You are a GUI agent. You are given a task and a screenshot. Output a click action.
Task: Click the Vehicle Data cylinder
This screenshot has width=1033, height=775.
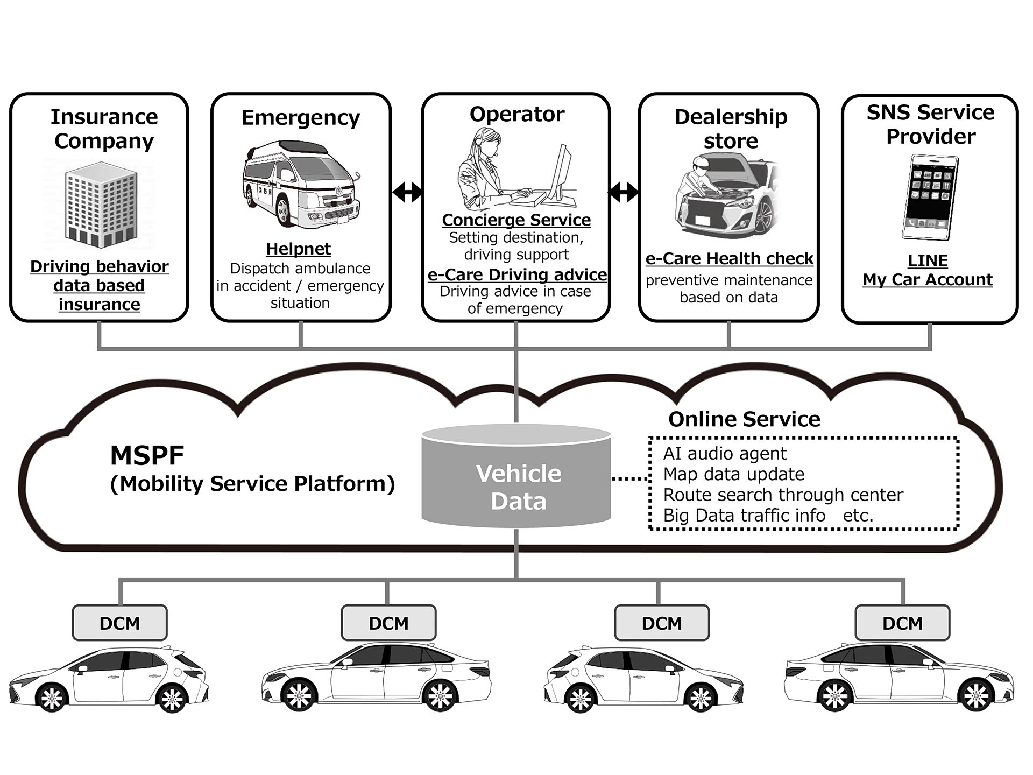tap(516, 476)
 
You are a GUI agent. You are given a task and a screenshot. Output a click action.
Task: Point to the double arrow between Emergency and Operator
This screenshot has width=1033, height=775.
tap(407, 192)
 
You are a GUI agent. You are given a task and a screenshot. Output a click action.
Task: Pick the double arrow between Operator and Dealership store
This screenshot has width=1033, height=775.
tap(624, 192)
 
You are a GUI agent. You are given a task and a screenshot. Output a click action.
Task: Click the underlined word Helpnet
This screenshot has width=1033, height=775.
tap(299, 249)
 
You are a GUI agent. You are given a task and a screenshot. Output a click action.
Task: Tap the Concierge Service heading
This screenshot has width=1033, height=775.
tap(516, 220)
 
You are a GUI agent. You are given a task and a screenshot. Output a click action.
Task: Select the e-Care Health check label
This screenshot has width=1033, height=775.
tap(729, 258)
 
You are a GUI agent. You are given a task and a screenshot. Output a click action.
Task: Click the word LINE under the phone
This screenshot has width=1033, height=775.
tap(928, 260)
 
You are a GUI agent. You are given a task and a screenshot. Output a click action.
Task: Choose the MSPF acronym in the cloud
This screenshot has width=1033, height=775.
tap(147, 455)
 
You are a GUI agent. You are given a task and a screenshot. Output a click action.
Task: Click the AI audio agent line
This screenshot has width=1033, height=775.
tap(724, 453)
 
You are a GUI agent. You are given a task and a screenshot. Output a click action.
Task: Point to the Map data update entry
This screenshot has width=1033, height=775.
tap(733, 474)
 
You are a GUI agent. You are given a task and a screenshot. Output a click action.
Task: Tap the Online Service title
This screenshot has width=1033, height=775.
tap(744, 419)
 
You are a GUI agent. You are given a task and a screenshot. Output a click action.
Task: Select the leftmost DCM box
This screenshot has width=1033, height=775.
tap(119, 623)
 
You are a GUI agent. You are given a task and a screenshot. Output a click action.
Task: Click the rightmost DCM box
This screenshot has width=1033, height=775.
tap(902, 623)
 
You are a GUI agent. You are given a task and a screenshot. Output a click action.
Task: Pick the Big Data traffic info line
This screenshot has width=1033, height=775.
tap(744, 515)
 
